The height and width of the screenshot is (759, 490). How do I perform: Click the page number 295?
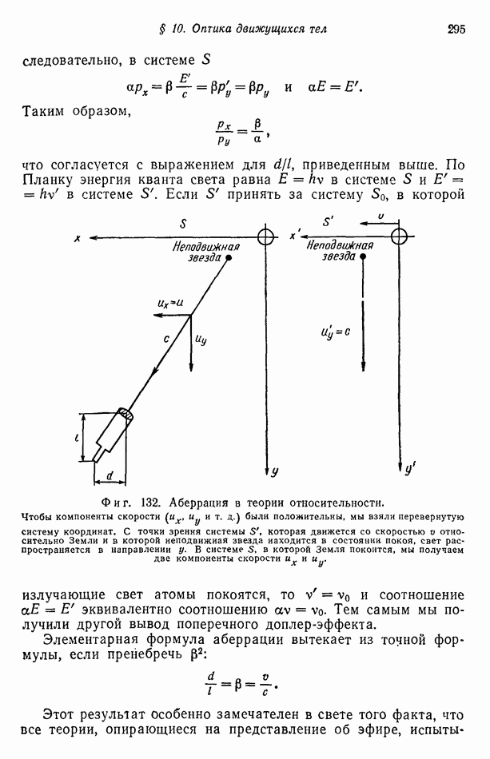456,30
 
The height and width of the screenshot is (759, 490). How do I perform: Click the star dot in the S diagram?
229,258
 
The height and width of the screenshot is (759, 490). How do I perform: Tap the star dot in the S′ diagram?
363,257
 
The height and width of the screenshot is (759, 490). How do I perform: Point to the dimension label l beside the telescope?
78,437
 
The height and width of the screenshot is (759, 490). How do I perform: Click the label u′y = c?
335,329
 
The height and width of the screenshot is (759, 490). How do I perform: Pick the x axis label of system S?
76,238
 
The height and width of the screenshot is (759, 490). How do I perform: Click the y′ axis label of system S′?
409,471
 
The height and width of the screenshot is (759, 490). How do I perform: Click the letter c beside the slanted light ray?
167,339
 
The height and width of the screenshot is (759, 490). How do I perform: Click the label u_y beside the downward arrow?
201,339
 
